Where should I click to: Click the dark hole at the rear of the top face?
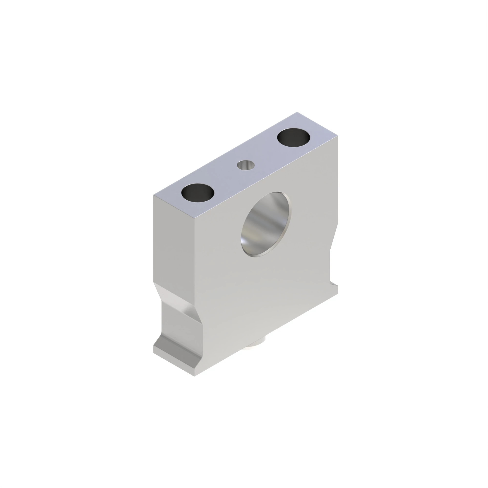click(293, 138)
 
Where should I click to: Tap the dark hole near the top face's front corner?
click(198, 193)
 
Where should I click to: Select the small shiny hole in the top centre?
click(246, 165)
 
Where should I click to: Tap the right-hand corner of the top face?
click(338, 137)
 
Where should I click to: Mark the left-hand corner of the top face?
click(153, 195)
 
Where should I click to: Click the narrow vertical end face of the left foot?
click(174, 363)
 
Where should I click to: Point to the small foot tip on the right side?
click(335, 289)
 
